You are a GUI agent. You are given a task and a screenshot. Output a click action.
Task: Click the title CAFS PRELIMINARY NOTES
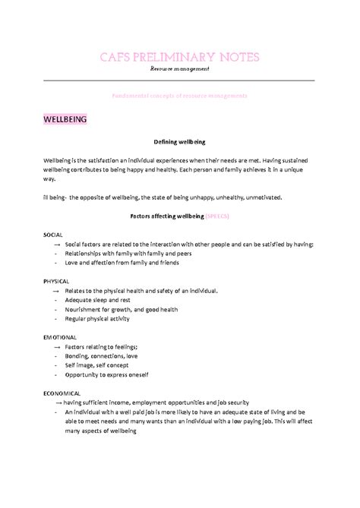(179, 58)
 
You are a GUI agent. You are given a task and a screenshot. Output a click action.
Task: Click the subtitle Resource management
(179, 69)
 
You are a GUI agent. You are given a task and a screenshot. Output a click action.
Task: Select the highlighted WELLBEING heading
(65, 119)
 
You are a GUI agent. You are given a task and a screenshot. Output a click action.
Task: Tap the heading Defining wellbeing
(179, 142)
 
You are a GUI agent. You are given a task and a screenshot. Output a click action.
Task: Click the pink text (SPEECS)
(217, 216)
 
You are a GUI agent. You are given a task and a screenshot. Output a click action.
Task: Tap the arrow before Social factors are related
(58, 245)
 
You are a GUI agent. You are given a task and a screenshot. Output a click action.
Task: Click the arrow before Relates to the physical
(58, 291)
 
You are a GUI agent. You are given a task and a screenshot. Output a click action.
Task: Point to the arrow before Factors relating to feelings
(58, 346)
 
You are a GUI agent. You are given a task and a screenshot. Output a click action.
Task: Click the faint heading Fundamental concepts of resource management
(179, 96)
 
